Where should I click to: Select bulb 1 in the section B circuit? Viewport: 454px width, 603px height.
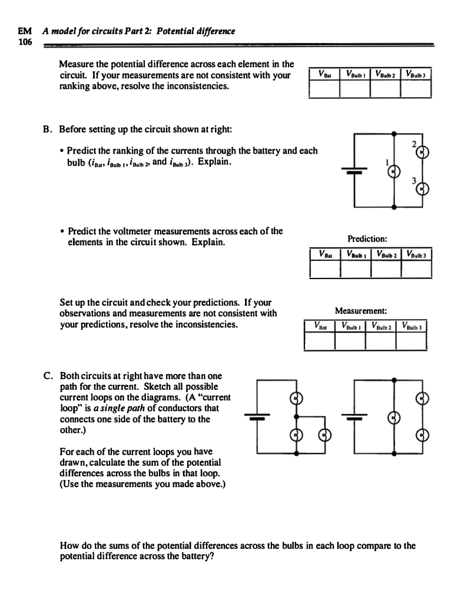click(394, 171)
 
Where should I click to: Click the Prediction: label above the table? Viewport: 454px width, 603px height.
click(367, 238)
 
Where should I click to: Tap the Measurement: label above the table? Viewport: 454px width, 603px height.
click(361, 310)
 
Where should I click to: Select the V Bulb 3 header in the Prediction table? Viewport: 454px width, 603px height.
click(417, 254)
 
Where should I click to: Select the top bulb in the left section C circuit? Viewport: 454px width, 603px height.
click(298, 399)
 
